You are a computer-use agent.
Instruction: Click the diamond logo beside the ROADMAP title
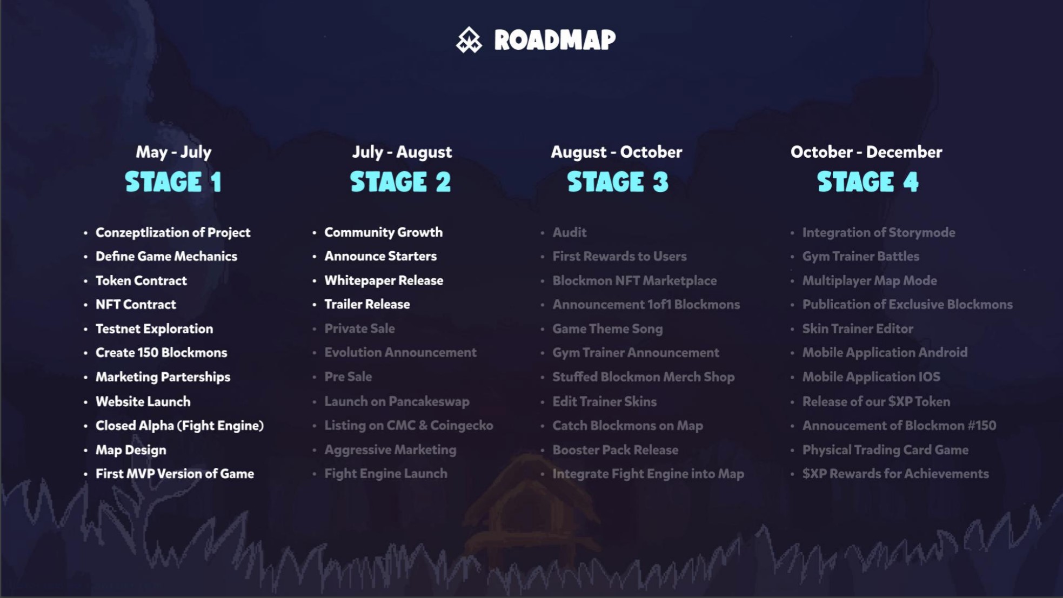pos(469,40)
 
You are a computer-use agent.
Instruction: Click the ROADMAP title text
pos(555,40)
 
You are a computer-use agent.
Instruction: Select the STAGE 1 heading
pos(173,182)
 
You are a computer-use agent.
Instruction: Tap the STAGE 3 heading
pos(618,182)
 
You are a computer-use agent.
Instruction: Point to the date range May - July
pos(173,152)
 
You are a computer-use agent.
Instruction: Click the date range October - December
pos(866,152)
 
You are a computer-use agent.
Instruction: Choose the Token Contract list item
pos(141,280)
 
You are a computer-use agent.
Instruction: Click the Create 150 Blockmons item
pos(161,353)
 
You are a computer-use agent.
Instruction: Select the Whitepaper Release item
pos(384,280)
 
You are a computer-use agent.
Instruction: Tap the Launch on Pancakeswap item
pos(397,401)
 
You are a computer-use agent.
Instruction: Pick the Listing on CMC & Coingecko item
pos(409,426)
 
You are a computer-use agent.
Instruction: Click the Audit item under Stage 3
pos(570,232)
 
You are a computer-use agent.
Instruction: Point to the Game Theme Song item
pos(607,328)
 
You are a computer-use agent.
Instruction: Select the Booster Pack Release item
pos(615,450)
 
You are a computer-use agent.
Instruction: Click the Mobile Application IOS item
pos(871,377)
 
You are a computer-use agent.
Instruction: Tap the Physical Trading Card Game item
pos(885,450)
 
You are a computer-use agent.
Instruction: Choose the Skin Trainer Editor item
pos(858,328)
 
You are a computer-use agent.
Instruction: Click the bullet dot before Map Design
pos(85,450)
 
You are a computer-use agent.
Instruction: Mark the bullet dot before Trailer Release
pos(314,305)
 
